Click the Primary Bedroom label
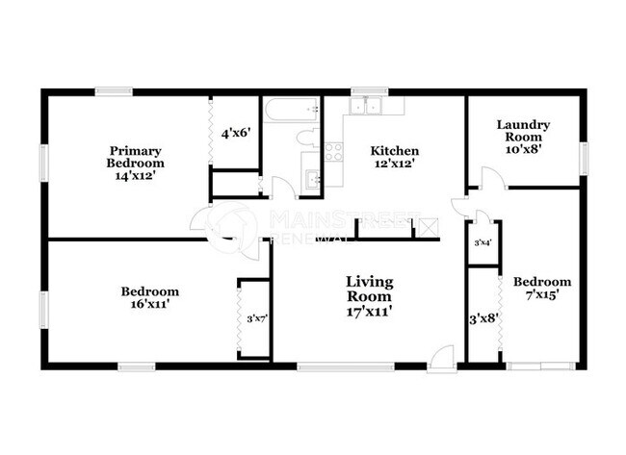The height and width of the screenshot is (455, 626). click(x=134, y=164)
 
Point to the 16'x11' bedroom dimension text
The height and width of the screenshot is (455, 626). click(x=149, y=304)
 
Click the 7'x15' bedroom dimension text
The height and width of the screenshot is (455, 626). click(x=541, y=294)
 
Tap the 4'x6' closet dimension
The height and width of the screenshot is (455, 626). click(x=235, y=133)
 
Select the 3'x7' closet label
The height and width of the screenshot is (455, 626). click(x=256, y=318)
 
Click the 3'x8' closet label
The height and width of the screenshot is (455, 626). click(x=483, y=318)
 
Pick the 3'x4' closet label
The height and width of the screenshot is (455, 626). click(x=482, y=243)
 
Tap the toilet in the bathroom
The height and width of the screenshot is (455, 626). click(x=307, y=138)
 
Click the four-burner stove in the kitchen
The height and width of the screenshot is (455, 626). click(x=334, y=150)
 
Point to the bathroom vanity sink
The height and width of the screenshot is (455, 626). click(x=313, y=176)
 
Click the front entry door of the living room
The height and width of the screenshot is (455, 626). click(x=442, y=358)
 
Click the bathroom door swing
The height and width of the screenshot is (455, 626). click(x=281, y=189)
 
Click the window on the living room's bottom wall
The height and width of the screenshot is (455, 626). click(x=345, y=366)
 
